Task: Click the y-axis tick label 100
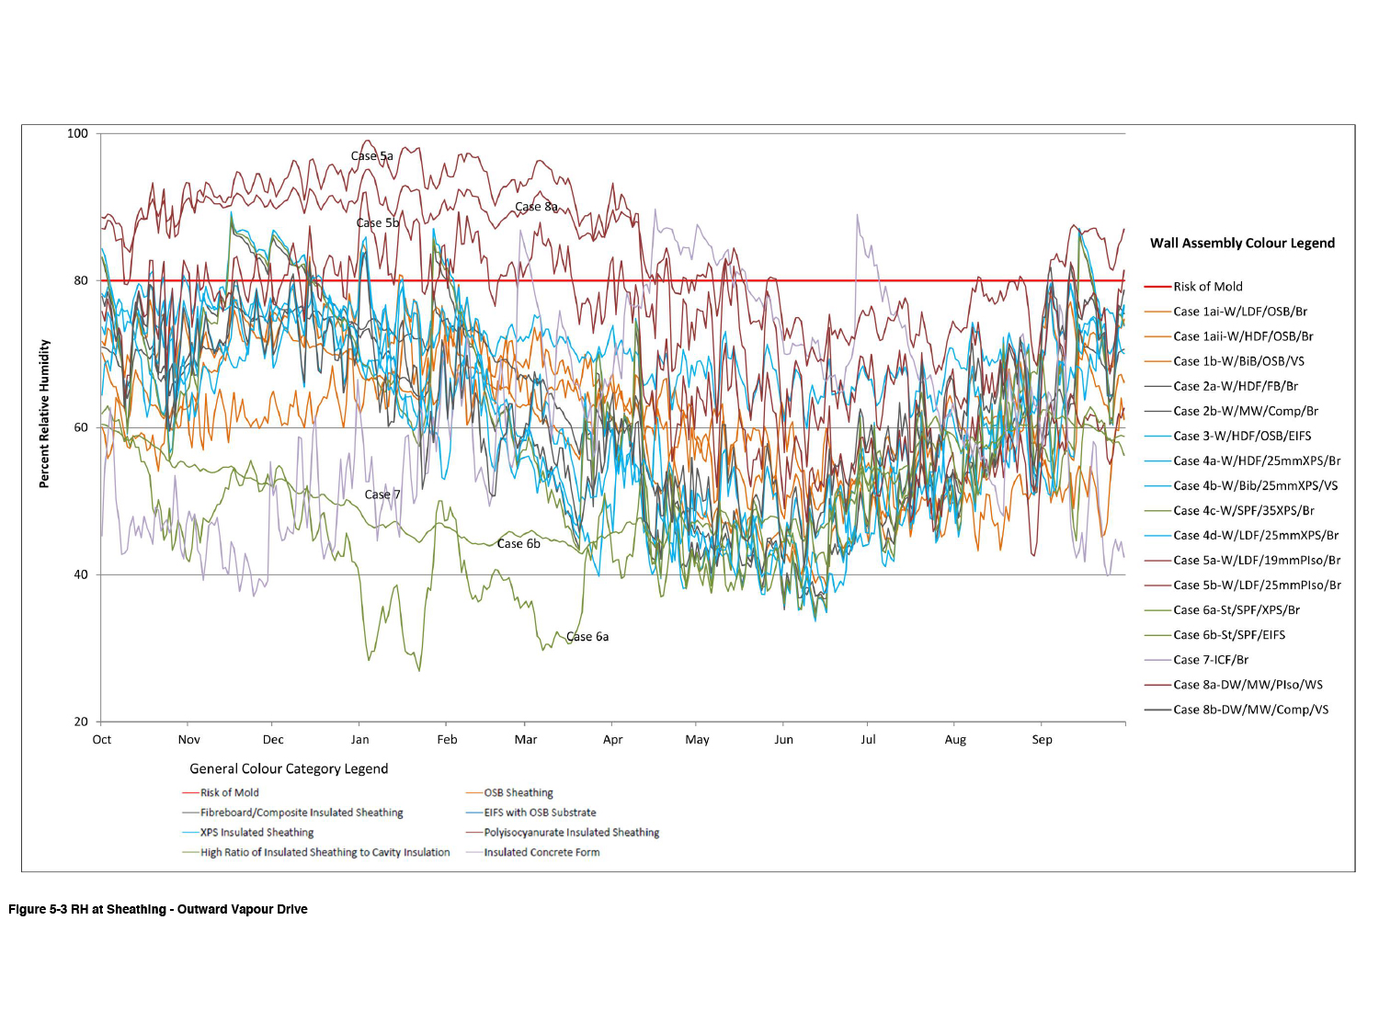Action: point(77,134)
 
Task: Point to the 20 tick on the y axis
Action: point(81,722)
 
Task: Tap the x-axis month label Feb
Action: point(447,740)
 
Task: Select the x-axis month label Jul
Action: point(868,740)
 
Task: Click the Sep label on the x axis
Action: point(1042,740)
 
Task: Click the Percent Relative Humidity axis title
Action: point(44,414)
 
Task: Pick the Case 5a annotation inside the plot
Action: point(371,156)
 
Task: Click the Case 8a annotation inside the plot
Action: point(536,207)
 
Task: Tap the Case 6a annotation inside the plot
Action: point(587,637)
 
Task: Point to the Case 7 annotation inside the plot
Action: point(382,494)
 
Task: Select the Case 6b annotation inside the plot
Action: point(519,544)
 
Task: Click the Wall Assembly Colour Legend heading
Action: point(1242,244)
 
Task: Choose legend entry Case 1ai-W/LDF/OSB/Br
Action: point(1239,312)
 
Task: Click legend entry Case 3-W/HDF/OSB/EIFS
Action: point(1242,436)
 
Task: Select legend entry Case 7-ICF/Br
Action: point(1210,660)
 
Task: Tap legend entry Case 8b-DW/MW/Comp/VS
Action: point(1250,710)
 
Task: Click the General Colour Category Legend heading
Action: point(289,769)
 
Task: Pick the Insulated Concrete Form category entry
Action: point(541,853)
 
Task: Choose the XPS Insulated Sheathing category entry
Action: point(256,833)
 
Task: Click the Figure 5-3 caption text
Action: point(158,910)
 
